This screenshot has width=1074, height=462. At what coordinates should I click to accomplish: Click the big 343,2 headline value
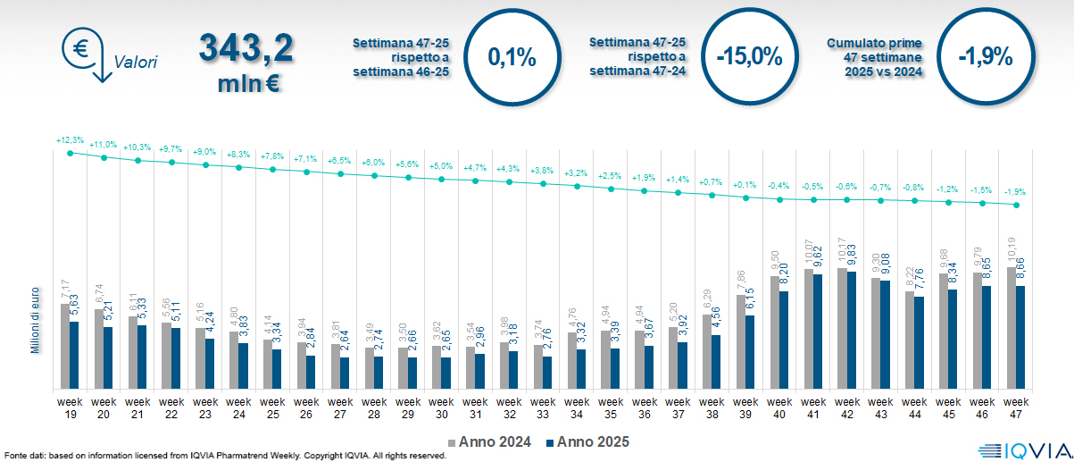point(246,50)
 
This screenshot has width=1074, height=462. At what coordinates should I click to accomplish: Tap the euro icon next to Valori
point(81,50)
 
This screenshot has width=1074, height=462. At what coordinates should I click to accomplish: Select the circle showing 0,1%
point(512,58)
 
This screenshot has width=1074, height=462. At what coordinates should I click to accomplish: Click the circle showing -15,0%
point(749,58)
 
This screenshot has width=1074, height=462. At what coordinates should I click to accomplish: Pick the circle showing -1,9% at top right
point(985,58)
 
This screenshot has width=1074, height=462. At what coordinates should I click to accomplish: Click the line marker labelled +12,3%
point(71,153)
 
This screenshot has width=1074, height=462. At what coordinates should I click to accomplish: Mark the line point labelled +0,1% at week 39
point(746,197)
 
